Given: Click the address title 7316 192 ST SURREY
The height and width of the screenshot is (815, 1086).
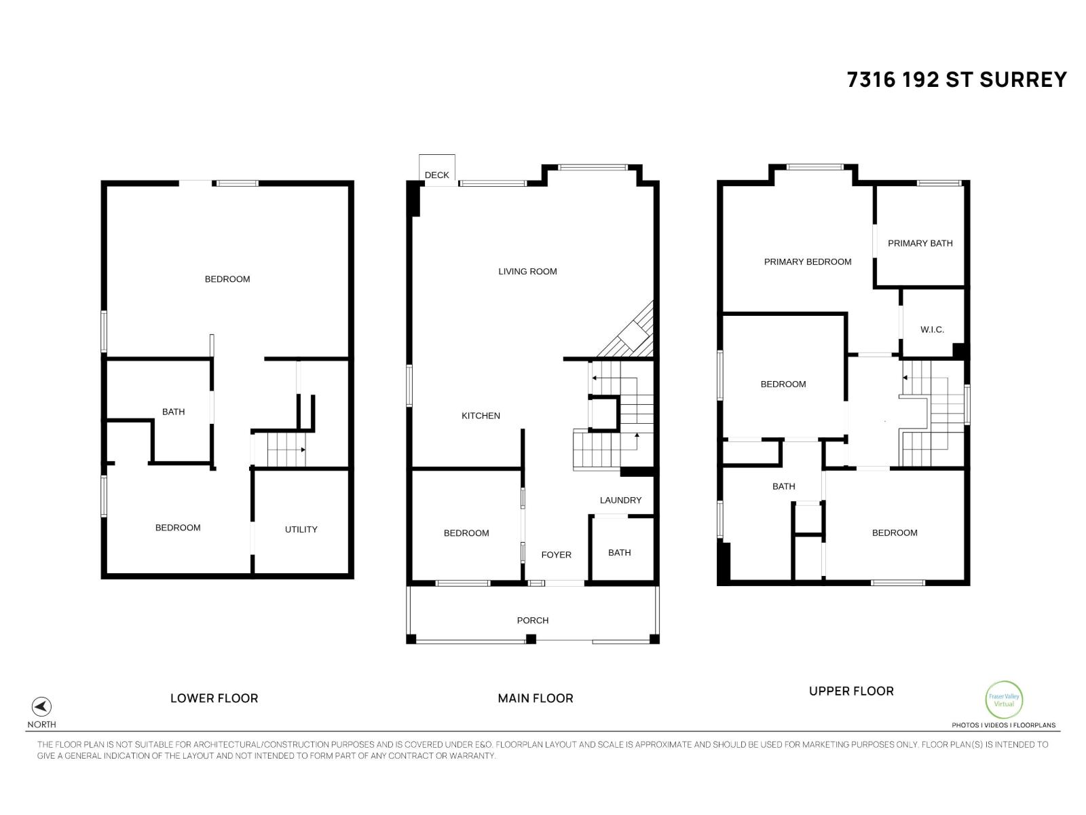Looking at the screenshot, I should pyautogui.click(x=956, y=80).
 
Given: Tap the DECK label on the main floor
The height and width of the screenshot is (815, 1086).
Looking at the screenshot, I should pyautogui.click(x=436, y=175).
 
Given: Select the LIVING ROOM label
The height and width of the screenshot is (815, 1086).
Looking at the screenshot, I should pyautogui.click(x=527, y=272).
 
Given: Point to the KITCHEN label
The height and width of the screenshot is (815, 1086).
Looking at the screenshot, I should pyautogui.click(x=481, y=416).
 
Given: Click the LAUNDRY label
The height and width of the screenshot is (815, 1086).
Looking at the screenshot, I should pyautogui.click(x=620, y=501).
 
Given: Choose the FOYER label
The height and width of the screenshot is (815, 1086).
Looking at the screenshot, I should pyautogui.click(x=556, y=555).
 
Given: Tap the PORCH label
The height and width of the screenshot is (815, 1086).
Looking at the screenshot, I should pyautogui.click(x=533, y=621).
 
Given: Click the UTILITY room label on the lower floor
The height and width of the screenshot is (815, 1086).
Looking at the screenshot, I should pyautogui.click(x=301, y=530).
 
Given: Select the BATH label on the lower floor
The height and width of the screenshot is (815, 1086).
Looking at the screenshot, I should pyautogui.click(x=173, y=412).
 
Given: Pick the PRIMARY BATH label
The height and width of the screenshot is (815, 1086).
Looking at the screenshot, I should pyautogui.click(x=920, y=243).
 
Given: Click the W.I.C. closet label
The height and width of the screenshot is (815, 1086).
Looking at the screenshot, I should pyautogui.click(x=932, y=330).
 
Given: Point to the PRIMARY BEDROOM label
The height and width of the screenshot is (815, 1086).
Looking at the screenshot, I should pyautogui.click(x=807, y=262).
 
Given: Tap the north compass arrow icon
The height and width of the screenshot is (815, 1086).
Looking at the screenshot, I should pyautogui.click(x=41, y=706).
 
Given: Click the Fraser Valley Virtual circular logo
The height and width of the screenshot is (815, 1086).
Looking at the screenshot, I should pyautogui.click(x=1003, y=700).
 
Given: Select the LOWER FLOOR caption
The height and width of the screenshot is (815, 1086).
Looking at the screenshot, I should pyautogui.click(x=214, y=698).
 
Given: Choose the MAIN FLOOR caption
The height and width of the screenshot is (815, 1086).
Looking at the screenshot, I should pyautogui.click(x=535, y=698).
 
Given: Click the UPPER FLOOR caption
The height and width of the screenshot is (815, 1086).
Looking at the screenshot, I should pyautogui.click(x=851, y=691).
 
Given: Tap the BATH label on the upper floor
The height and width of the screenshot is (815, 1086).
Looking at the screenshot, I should pyautogui.click(x=783, y=487).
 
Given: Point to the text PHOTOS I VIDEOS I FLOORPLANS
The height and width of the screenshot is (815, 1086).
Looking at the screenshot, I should pyautogui.click(x=1003, y=725).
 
